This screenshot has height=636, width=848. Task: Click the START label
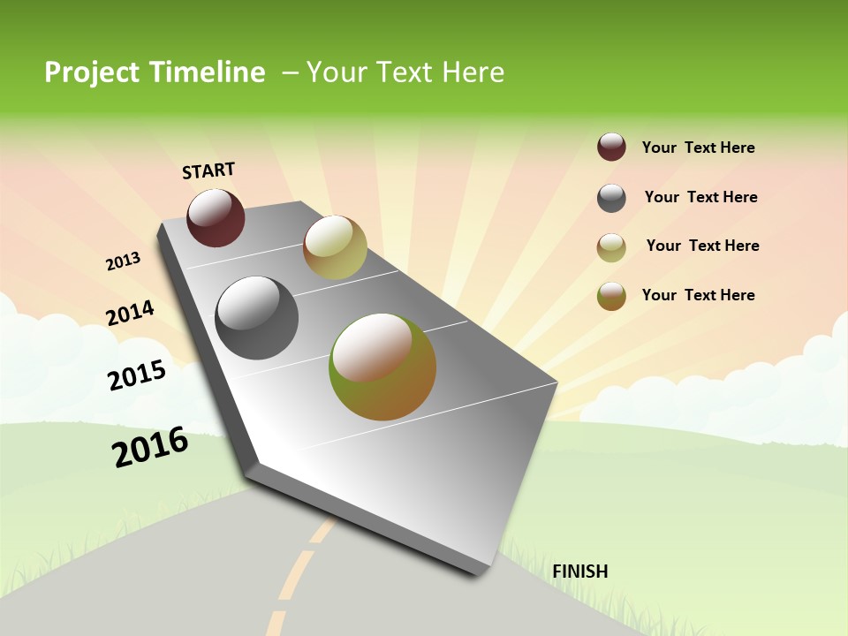208,170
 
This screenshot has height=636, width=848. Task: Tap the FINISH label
579,572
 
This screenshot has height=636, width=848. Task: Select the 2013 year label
124,261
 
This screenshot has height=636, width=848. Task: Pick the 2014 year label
130,314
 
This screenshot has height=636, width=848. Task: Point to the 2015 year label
137,375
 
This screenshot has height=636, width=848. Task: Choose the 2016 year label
150,446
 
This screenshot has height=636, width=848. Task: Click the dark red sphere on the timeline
216,217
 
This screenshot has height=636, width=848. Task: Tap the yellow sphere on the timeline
335,246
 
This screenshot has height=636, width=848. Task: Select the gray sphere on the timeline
256,318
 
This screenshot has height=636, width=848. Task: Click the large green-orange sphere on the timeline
382,367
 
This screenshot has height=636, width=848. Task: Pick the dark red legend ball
611,148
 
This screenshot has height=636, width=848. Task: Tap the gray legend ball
611,198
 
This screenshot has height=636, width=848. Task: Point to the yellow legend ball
611,247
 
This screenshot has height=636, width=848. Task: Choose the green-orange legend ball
611,296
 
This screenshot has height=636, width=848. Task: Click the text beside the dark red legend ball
698,148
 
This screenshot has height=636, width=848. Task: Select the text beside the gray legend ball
700,197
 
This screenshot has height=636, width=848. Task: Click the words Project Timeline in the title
155,72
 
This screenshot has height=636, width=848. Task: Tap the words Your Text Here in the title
405,72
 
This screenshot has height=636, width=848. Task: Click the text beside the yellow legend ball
702,246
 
